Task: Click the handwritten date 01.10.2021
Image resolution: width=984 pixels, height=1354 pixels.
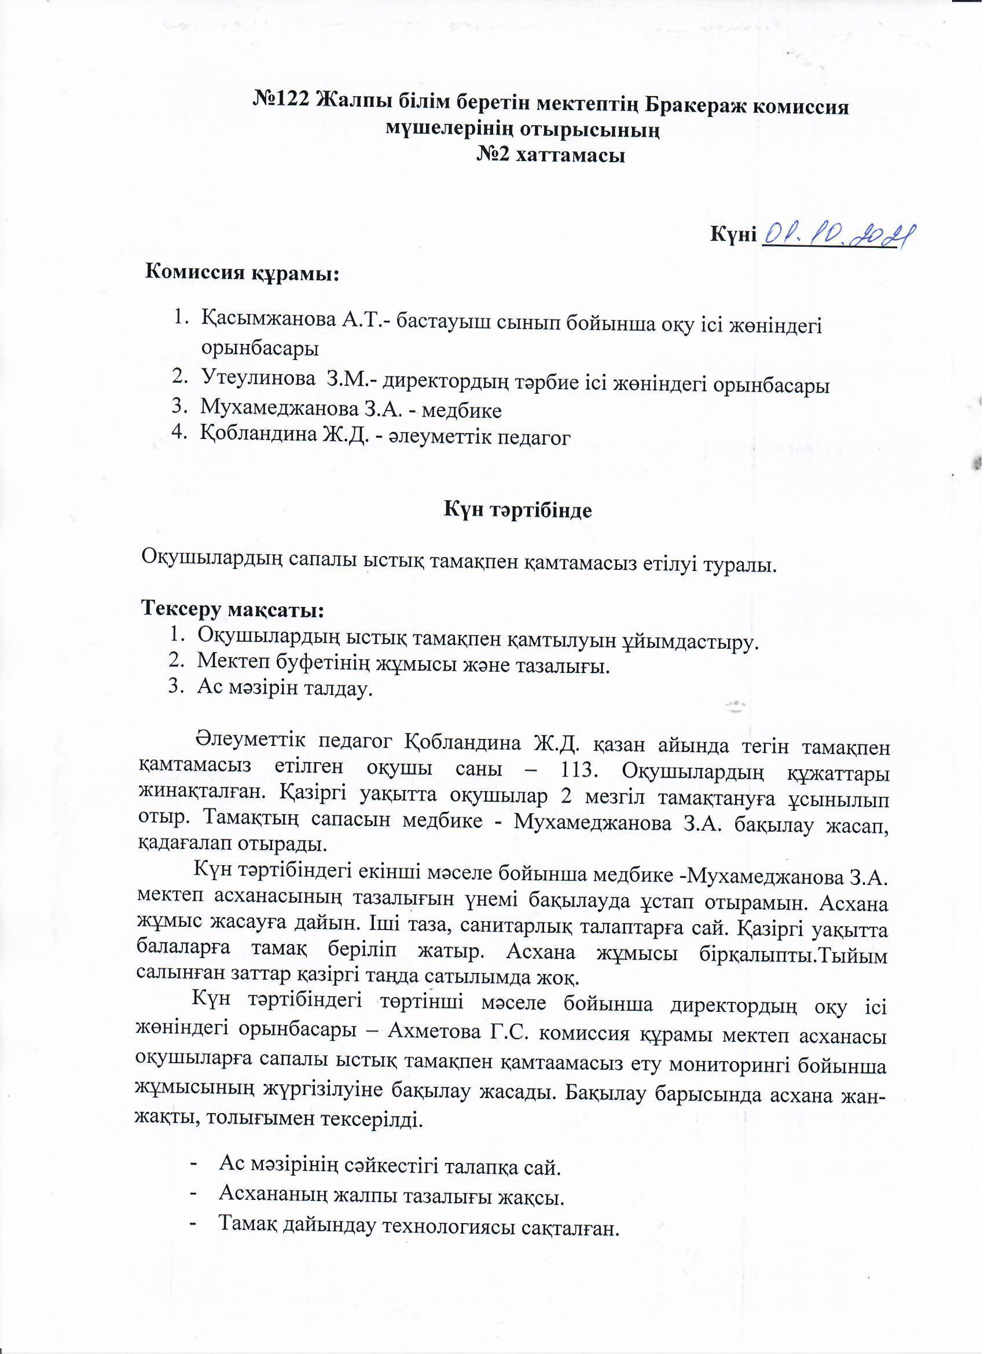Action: point(838,237)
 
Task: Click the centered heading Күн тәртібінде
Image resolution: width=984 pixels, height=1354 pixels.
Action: point(518,511)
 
